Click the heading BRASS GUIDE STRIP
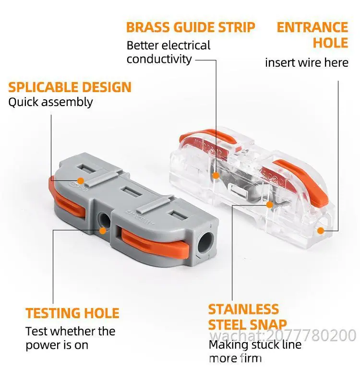pos(191,27)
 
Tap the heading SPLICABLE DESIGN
pos(70,87)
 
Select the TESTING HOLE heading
pos(72,313)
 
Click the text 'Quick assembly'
pos(50,102)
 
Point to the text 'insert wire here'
pos(307,62)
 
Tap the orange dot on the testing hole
pos(103,231)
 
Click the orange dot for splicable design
pos(81,181)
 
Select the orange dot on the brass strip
pos(216,176)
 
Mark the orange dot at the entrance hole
pos(321,231)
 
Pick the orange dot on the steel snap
pos(269,205)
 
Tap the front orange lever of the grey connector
pos(156,245)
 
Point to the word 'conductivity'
pos(159,59)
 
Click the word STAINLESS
pos(243,310)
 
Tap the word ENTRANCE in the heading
pos(312,27)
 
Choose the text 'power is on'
pos(57,345)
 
